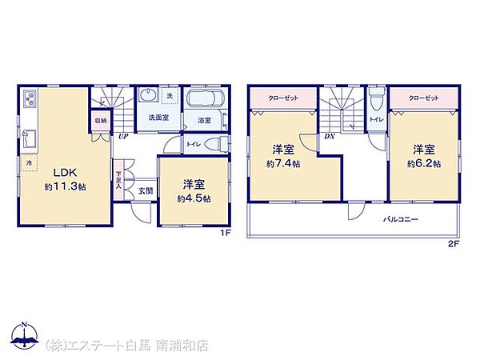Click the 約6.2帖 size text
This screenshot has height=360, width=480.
[424, 163]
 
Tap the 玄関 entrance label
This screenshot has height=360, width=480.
[145, 190]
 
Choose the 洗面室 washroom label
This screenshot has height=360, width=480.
[158, 118]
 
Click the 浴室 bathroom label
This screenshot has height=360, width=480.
[204, 121]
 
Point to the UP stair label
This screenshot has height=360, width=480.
[123, 137]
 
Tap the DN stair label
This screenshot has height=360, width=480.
[329, 137]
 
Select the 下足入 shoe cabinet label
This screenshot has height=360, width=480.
[118, 179]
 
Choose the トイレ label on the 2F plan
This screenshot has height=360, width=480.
[375, 119]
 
